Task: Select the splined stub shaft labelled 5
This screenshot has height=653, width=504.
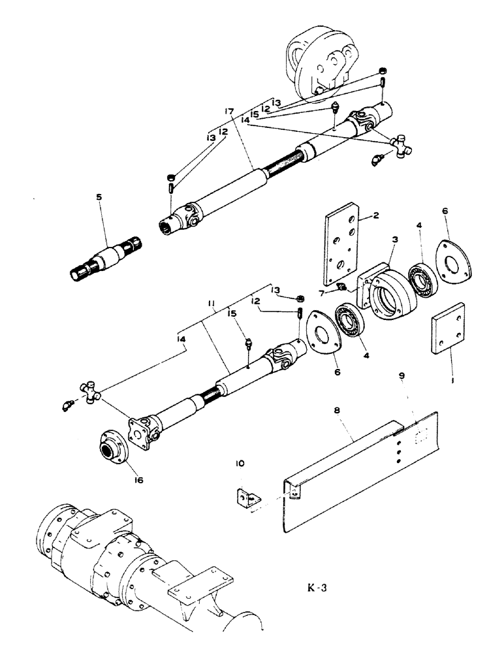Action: coord(110,257)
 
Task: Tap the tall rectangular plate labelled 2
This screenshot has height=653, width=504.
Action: coord(341,243)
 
